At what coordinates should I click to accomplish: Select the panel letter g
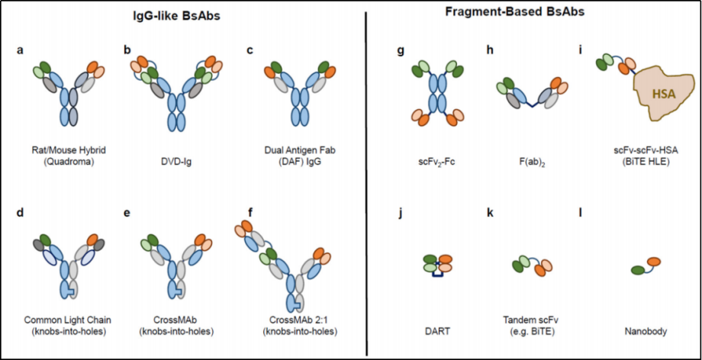[401, 51]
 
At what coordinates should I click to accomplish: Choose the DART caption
[433, 320]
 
